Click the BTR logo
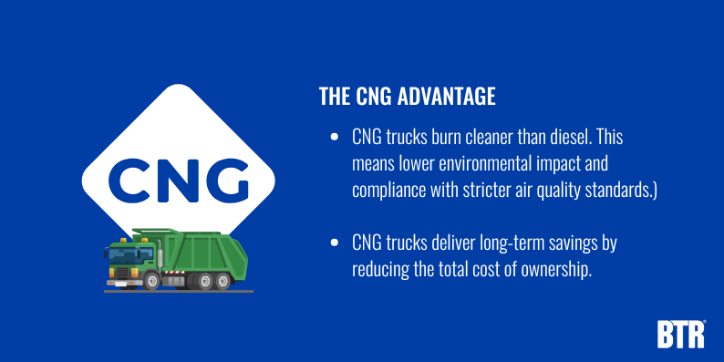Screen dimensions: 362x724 tap(680, 333)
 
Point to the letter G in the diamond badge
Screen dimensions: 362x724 tap(225, 180)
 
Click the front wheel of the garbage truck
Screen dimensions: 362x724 tap(136, 280)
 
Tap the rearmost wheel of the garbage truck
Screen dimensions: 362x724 tap(225, 280)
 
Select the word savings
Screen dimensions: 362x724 tap(584, 244)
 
